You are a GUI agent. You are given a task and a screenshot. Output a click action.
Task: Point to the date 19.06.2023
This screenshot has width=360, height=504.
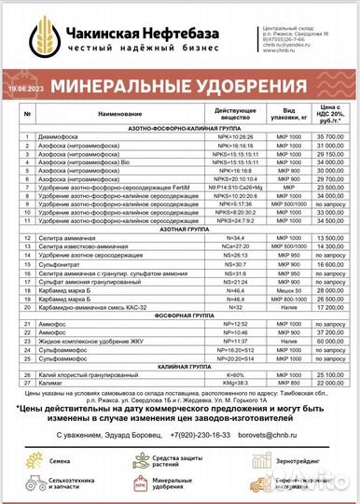click(26, 87)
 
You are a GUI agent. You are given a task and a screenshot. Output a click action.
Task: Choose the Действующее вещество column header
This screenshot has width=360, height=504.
click(236, 115)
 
